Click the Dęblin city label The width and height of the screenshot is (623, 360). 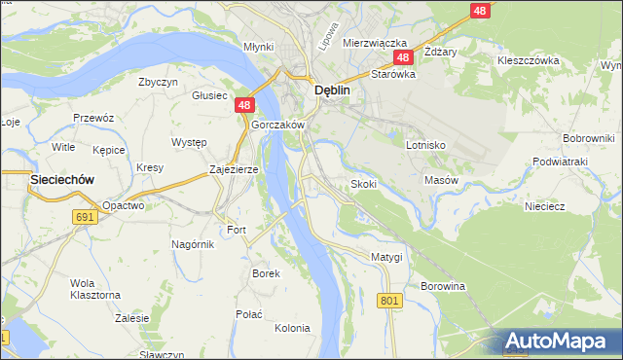pyautogui.click(x=332, y=90)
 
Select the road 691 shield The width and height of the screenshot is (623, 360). pyautogui.click(x=86, y=217)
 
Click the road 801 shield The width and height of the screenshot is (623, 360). pyautogui.click(x=390, y=302)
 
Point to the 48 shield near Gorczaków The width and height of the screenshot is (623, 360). pyautogui.click(x=244, y=105)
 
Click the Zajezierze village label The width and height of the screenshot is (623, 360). pyautogui.click(x=234, y=169)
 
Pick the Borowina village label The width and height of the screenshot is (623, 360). pyautogui.click(x=443, y=287)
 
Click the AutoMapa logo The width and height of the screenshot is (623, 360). pyautogui.click(x=559, y=341)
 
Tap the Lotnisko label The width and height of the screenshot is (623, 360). pyautogui.click(x=425, y=144)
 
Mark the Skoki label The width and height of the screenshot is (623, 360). pyautogui.click(x=363, y=184)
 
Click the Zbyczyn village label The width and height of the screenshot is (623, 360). pyautogui.click(x=158, y=83)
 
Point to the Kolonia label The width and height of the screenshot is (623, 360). pyautogui.click(x=291, y=328)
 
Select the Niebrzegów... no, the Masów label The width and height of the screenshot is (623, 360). pyautogui.click(x=441, y=180)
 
